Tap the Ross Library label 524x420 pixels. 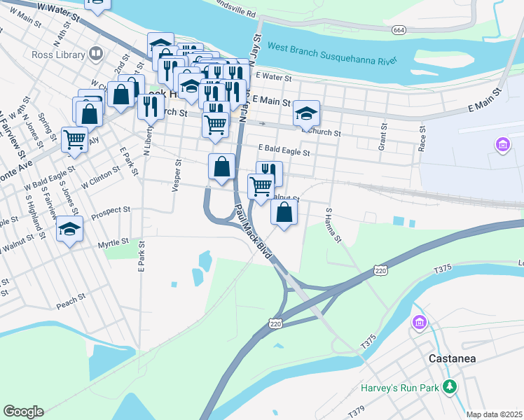tap(57, 53)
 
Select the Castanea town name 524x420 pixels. tap(452, 358)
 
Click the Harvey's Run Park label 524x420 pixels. tap(400, 387)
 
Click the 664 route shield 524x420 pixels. tap(399, 30)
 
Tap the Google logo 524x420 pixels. tap(23, 412)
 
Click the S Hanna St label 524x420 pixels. tap(333, 225)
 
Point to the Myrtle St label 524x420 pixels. tap(113, 242)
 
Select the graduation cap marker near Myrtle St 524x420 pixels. tap(70, 229)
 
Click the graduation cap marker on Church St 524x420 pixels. tap(306, 113)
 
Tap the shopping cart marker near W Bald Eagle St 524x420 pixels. tap(74, 138)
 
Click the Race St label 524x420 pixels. tap(422, 139)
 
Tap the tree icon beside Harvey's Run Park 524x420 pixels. tap(450, 387)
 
